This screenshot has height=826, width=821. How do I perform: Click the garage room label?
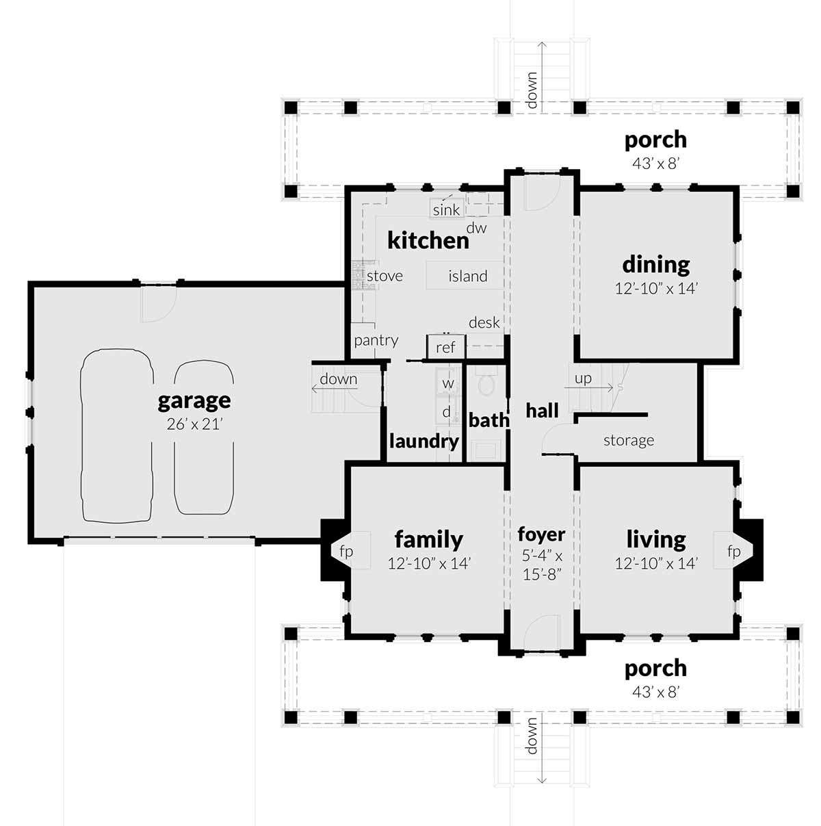point(194,401)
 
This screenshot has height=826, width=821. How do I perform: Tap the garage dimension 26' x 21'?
point(194,424)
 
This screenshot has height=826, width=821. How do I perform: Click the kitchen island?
point(465,275)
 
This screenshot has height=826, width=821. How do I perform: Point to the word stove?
point(385,276)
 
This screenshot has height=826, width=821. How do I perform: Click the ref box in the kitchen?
point(446,347)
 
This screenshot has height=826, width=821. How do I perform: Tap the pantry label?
point(376,341)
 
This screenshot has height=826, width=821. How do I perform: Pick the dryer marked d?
point(447,412)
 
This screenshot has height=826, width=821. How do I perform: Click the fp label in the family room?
point(346,552)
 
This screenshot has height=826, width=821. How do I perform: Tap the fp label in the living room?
point(734,552)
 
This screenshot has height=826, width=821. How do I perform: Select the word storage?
point(629,440)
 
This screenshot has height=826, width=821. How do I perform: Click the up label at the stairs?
point(583,378)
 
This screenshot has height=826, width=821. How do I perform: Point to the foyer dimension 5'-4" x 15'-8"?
point(542,566)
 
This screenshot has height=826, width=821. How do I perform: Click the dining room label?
point(656,265)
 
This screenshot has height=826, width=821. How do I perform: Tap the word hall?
point(542,411)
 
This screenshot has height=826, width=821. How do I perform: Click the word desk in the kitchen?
point(484,322)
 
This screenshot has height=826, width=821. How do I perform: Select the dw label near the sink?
point(476,228)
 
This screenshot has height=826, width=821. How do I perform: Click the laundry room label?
point(424,441)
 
